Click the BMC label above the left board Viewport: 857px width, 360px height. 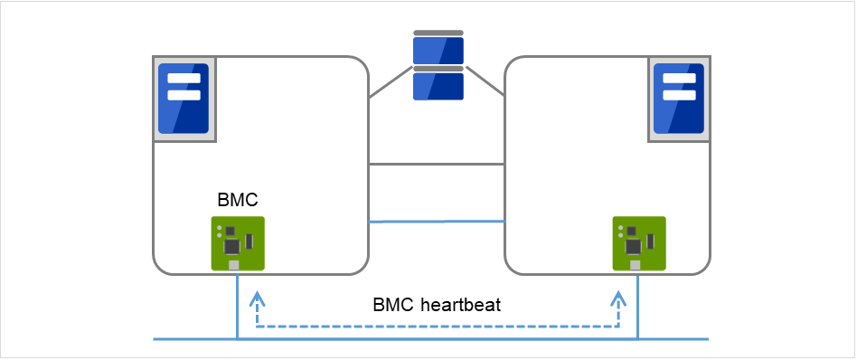click(x=238, y=200)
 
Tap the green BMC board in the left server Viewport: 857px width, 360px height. click(x=238, y=243)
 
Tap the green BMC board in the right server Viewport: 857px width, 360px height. click(x=639, y=243)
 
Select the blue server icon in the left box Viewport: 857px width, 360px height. click(x=184, y=99)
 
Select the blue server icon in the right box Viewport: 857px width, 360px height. click(x=679, y=99)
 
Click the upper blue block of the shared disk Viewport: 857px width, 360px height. click(x=438, y=51)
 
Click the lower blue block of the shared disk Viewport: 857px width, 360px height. click(x=438, y=87)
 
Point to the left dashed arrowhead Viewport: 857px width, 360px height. click(x=255, y=298)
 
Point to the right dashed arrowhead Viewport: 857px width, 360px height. click(x=618, y=298)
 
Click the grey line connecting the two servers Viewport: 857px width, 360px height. click(x=436, y=164)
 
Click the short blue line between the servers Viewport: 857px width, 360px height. click(x=436, y=222)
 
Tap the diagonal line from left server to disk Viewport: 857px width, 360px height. click(x=391, y=82)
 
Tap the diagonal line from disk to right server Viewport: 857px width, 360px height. click(x=485, y=81)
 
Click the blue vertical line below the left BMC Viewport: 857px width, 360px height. click(x=237, y=307)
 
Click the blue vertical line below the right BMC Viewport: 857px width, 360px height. click(x=638, y=307)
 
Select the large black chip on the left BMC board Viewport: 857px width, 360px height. click(x=232, y=247)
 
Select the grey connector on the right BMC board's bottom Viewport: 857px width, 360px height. click(x=635, y=265)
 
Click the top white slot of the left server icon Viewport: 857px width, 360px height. click(x=184, y=78)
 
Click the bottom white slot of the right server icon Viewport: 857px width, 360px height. click(x=679, y=95)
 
